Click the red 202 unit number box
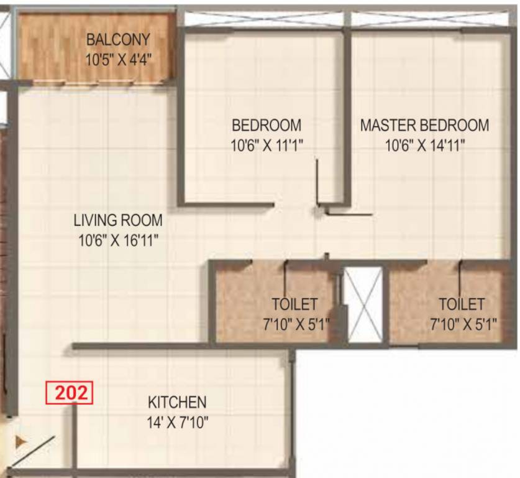pos(69,394)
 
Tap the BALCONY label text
pos(118,40)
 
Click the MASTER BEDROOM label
pos(424,125)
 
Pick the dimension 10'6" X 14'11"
pos(425,146)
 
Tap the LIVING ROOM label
pos(118,220)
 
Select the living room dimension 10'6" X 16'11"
pos(118,240)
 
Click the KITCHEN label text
pos(177,402)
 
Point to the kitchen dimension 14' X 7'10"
pos(177,423)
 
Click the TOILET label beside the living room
pos(294,305)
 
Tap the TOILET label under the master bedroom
pos(461,305)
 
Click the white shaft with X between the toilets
pos(363,304)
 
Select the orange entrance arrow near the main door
pos(21,442)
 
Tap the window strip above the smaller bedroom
pos(264,19)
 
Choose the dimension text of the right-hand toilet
pos(461,324)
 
